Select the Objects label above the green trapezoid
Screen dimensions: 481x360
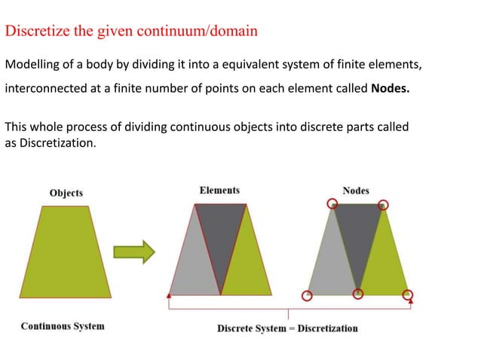(66, 193)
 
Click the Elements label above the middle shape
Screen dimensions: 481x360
(219, 191)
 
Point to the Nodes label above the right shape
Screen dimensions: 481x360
(356, 191)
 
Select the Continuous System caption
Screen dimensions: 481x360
(63, 326)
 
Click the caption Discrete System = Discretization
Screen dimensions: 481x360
(287, 328)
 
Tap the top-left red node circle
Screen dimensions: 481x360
(332, 203)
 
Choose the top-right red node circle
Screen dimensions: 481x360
(383, 204)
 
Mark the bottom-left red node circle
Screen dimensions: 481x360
(306, 295)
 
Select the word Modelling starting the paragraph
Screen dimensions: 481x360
(32, 64)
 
